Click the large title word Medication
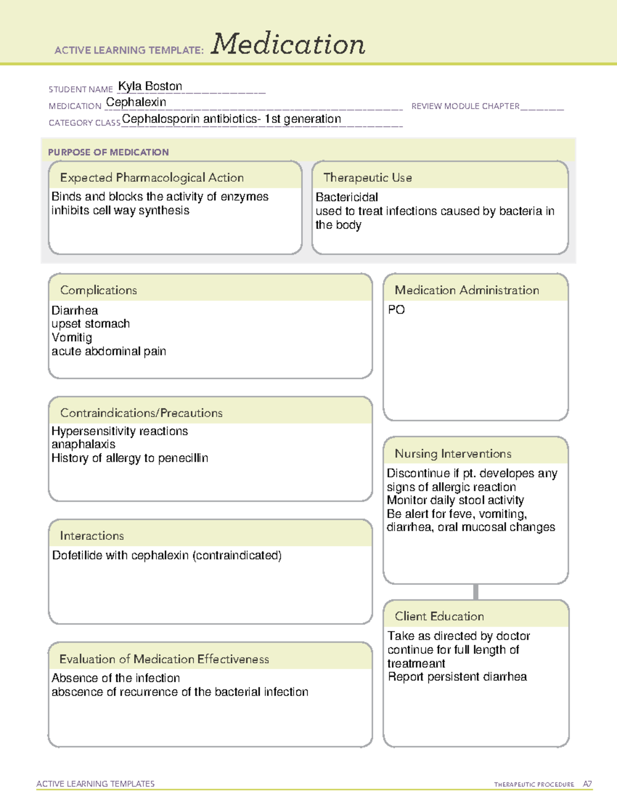288,44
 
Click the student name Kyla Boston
150,86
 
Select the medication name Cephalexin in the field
136,102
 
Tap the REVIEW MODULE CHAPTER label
465,106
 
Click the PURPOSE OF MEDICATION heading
108,152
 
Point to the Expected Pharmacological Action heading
152,177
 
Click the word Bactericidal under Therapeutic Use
347,197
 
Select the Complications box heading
98,290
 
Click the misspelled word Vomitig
71,338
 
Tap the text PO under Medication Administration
396,310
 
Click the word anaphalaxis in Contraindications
83,444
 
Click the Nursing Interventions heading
453,454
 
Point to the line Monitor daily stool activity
455,500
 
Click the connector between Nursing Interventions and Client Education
476,592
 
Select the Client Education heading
439,616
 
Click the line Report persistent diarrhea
457,677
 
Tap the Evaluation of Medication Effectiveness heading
164,659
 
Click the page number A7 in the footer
587,784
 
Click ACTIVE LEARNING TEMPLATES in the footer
96,784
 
